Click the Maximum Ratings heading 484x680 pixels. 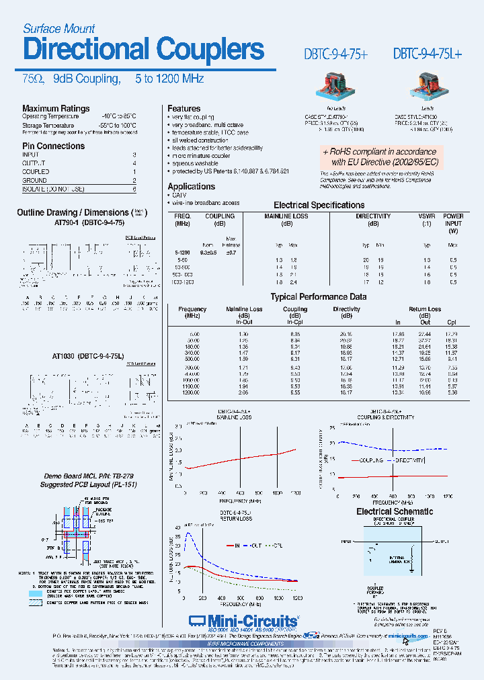56,108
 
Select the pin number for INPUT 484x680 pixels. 134,155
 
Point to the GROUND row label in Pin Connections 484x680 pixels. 34,180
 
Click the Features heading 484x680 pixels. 184,108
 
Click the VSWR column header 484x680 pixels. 426,216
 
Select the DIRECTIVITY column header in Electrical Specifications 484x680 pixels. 373,216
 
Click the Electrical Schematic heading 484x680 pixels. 395,511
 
